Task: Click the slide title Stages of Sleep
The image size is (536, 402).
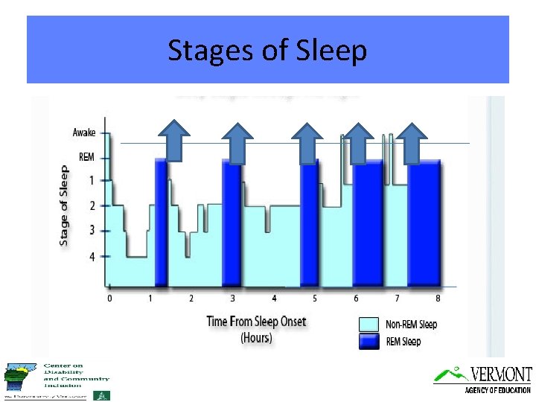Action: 267,51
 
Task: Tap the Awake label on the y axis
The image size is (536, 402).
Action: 83,133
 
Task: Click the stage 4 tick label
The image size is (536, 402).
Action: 92,257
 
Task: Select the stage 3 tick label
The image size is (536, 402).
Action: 92,231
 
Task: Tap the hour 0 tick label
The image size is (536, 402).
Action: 110,299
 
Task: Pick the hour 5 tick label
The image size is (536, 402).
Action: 315,299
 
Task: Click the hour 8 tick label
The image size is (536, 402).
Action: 438,299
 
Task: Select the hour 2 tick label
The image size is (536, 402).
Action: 191,299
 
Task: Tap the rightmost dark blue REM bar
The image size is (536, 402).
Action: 424,223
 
